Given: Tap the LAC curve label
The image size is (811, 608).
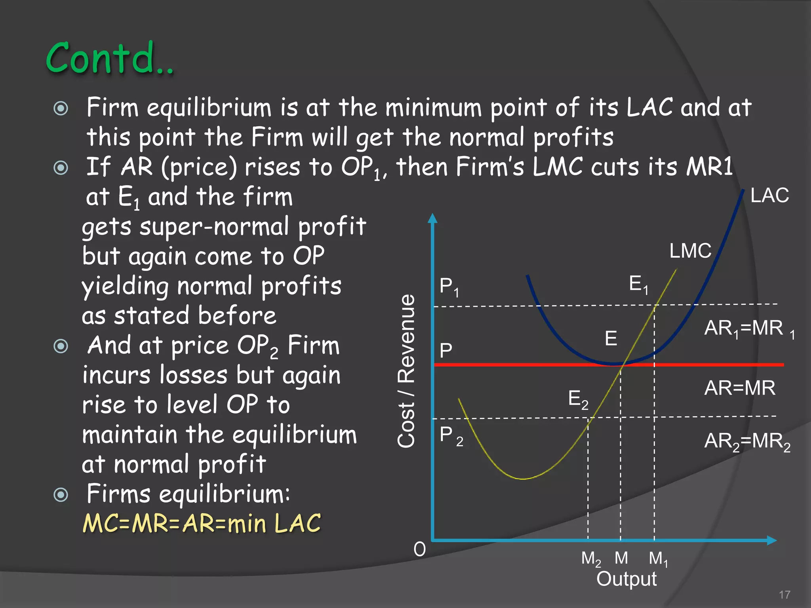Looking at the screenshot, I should coord(769,196).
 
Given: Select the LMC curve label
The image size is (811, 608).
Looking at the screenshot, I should coord(690,251).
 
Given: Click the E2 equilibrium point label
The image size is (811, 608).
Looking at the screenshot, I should coord(578,399).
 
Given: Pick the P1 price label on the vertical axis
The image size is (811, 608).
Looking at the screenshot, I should coord(449,287).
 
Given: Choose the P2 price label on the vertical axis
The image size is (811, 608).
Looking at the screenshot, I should coord(451,436).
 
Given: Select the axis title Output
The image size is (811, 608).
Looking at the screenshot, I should coord(626,579).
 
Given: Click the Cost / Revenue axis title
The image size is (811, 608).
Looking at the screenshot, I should coord(406,371).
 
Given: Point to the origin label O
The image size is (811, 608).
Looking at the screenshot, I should coord(419,549).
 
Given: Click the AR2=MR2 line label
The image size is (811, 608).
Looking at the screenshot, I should coord(747,441).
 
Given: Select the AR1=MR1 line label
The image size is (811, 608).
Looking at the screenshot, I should coord(748,329).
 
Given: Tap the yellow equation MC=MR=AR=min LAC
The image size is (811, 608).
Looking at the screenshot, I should coord(202,524).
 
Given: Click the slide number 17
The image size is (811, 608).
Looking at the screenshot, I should coord(784,595).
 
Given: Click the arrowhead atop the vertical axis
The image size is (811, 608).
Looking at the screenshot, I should coord(432,218).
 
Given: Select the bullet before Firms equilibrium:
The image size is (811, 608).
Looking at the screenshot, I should coord(61,494).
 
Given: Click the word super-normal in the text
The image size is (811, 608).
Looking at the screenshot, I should coord(214,227).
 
